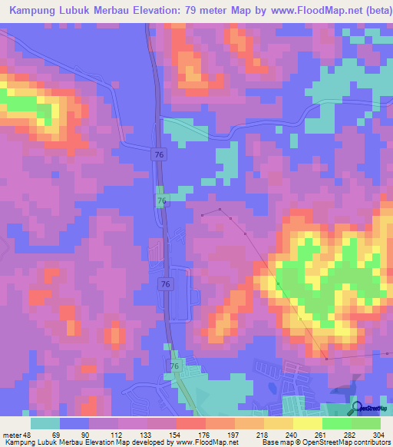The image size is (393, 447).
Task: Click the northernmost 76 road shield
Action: [157, 154]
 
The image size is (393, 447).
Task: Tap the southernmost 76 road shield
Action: [175, 368]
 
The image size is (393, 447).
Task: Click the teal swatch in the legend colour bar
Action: [45, 423]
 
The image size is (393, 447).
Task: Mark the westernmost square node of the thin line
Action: [203, 216]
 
